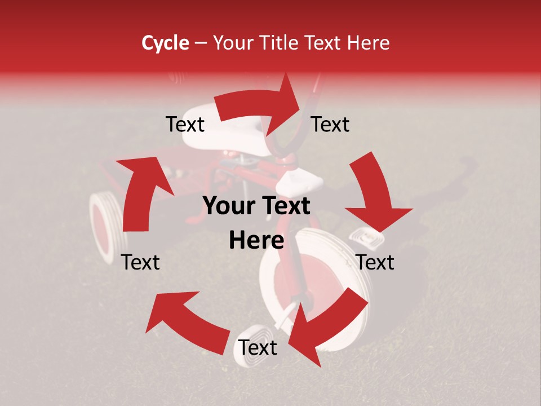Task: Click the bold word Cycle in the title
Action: pyautogui.click(x=165, y=43)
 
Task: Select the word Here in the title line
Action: pyautogui.click(x=369, y=43)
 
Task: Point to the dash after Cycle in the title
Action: pyautogui.click(x=201, y=43)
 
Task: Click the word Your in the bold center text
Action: pyautogui.click(x=227, y=206)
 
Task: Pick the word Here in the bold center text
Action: pyautogui.click(x=256, y=241)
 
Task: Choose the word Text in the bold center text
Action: pyautogui.click(x=286, y=206)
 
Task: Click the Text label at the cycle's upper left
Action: pyautogui.click(x=185, y=124)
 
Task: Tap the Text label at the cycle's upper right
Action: pyautogui.click(x=330, y=124)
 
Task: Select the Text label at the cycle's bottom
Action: pyautogui.click(x=258, y=348)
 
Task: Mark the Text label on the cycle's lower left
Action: pyautogui.click(x=141, y=262)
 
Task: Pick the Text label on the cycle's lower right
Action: pyautogui.click(x=375, y=262)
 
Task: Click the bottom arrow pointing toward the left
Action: pyautogui.click(x=186, y=321)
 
